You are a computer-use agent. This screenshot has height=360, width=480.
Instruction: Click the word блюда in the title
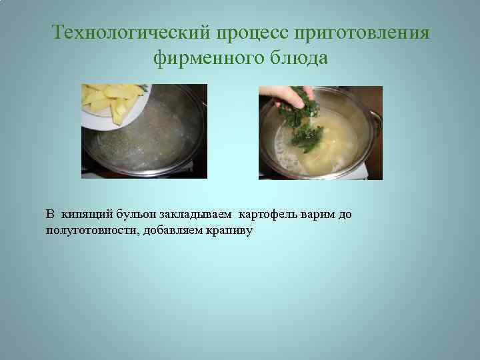(299, 59)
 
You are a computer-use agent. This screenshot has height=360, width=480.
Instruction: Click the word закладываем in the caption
(199, 215)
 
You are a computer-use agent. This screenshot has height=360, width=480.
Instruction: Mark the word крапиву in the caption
(228, 231)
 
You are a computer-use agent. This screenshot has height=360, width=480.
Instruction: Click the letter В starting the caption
(50, 215)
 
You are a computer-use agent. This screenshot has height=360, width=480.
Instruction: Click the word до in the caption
(344, 215)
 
